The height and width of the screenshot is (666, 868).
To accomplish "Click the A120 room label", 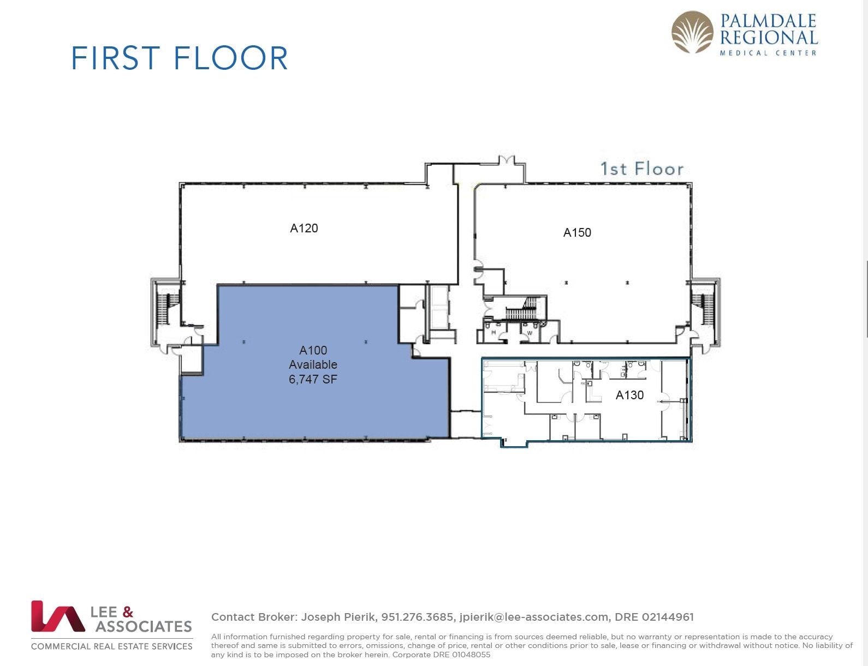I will click(x=304, y=228).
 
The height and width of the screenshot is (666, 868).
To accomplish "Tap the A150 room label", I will click(x=577, y=232).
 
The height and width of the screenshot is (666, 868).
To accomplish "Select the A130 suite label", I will click(x=629, y=395).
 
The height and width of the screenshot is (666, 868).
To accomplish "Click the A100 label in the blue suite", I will click(x=313, y=350).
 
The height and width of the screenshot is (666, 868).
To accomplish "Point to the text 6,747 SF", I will click(x=313, y=379).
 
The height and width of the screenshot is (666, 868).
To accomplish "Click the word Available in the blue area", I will click(x=313, y=364).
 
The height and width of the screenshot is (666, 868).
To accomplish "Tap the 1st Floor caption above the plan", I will click(x=641, y=169).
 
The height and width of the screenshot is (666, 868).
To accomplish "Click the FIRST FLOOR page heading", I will click(x=180, y=58).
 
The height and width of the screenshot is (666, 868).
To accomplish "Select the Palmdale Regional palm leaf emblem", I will click(x=692, y=32).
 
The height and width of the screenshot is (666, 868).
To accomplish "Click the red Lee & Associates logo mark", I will click(x=57, y=616).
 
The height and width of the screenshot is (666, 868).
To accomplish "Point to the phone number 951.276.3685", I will click(x=417, y=617).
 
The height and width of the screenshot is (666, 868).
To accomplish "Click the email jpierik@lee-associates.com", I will click(x=534, y=617).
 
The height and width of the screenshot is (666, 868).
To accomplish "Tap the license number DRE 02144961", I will click(x=654, y=617).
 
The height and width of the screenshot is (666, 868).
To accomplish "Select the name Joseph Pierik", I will click(x=338, y=617).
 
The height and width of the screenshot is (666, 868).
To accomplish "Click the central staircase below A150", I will click(x=523, y=309).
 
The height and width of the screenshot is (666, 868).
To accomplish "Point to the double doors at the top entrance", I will click(x=507, y=160).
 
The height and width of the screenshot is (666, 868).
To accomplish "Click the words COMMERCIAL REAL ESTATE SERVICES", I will click(x=112, y=646).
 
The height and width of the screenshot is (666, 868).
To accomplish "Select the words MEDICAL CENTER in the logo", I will click(x=768, y=53).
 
